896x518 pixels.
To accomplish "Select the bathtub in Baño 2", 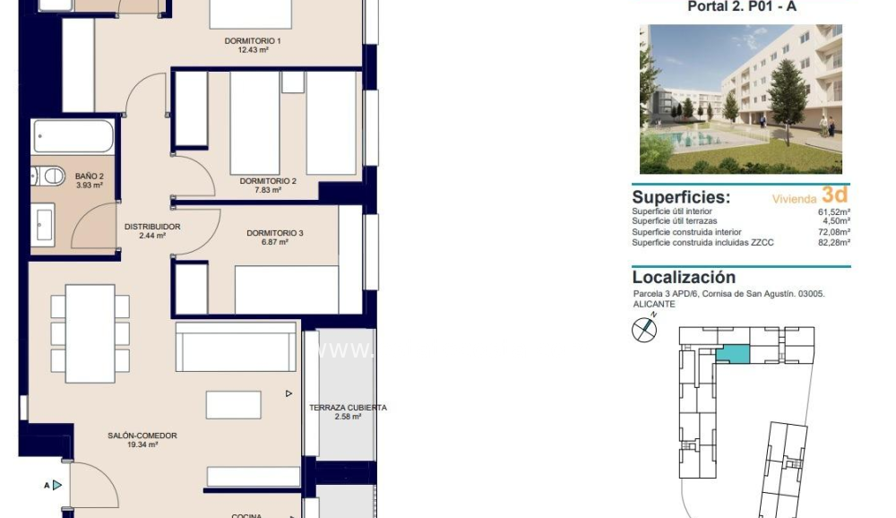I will [x=73, y=138].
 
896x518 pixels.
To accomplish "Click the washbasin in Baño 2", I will [x=43, y=224].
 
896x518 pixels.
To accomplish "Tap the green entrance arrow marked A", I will [x=56, y=485].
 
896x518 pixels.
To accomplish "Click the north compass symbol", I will [x=643, y=330].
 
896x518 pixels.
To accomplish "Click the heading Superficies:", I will [x=681, y=197].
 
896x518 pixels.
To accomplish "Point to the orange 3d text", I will [x=834, y=194].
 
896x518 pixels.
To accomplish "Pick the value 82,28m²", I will [x=832, y=242].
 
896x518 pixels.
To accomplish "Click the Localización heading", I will [x=684, y=278].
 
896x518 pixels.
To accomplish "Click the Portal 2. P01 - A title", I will [x=741, y=7].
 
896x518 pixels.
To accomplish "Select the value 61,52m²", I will [x=832, y=212].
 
